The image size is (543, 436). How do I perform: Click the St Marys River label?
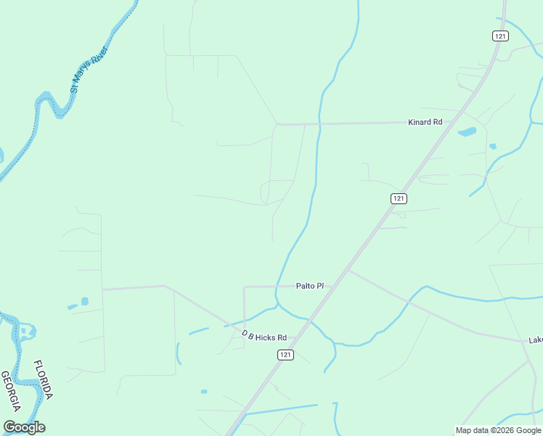tap(89, 70)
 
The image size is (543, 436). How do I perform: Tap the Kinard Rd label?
tap(425, 122)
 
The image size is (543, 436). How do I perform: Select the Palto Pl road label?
tap(309, 286)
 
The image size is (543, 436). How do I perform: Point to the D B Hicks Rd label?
tap(264, 336)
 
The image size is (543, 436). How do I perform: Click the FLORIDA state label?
tap(43, 379)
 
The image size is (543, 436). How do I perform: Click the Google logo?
tap(24, 427)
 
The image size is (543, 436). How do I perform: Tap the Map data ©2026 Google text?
tap(498, 430)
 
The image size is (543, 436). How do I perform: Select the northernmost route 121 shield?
tap(499, 36)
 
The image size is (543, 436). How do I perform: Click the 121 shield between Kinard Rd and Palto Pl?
tap(399, 198)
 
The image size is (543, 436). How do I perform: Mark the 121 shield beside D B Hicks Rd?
tap(285, 354)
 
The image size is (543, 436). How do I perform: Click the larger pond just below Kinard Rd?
tap(467, 132)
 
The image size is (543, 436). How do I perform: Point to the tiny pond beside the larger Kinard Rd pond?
tap(493, 146)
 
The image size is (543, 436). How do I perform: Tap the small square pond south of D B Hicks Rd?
tap(204, 392)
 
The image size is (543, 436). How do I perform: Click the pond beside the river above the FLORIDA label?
tap(29, 333)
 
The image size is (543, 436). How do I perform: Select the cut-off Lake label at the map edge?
tap(536, 339)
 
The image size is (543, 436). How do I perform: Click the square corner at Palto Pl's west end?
tap(244, 287)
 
